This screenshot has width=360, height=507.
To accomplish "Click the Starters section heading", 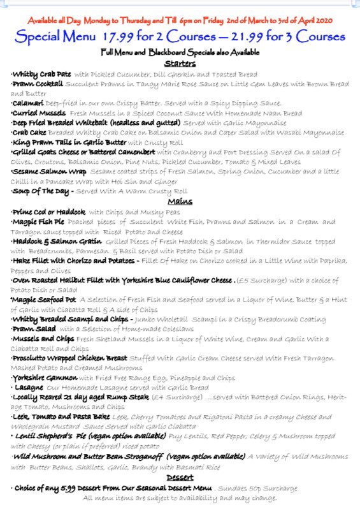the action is (180, 64).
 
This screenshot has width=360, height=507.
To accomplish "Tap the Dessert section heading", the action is (180, 476).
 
